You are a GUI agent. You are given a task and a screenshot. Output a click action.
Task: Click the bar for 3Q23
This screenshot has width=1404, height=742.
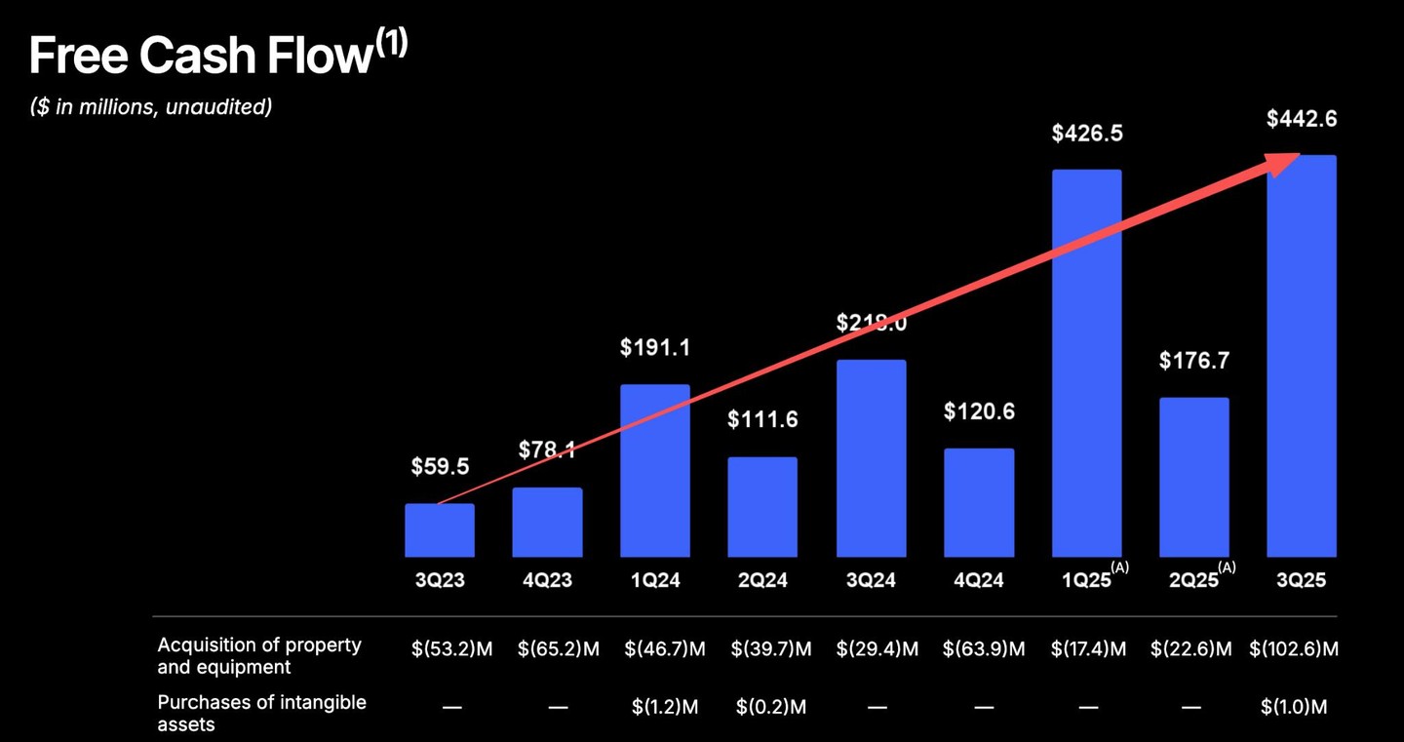click(x=440, y=530)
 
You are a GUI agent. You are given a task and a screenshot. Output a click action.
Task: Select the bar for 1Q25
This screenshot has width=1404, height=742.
click(x=1087, y=363)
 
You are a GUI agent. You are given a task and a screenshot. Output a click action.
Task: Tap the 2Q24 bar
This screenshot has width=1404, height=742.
click(x=762, y=507)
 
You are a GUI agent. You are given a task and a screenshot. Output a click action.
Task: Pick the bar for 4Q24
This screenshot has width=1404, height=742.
click(x=979, y=502)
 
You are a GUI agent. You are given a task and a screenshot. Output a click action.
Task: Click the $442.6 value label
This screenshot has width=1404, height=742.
click(x=1302, y=119)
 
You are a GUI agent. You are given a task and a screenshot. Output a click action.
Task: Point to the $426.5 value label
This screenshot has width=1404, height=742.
click(x=1087, y=134)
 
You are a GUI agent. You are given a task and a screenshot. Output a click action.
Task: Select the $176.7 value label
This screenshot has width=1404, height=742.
click(x=1194, y=361)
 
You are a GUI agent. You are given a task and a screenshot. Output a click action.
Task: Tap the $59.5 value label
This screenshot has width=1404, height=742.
click(x=440, y=467)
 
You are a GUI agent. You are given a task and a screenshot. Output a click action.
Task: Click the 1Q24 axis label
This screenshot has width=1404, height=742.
click(x=654, y=581)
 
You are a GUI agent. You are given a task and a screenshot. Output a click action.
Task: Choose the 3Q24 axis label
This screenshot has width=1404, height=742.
click(x=871, y=581)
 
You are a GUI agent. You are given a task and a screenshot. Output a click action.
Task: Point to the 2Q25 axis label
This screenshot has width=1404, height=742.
click(x=1194, y=581)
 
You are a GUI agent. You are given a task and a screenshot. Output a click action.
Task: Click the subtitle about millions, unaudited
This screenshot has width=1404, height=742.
click(x=151, y=107)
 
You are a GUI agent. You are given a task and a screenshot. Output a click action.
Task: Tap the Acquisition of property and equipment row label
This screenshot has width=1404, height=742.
click(x=259, y=656)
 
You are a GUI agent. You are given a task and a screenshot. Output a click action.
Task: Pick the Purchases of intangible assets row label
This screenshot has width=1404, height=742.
click(x=261, y=713)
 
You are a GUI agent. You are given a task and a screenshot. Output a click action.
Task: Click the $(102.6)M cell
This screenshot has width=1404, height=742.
click(x=1293, y=649)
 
